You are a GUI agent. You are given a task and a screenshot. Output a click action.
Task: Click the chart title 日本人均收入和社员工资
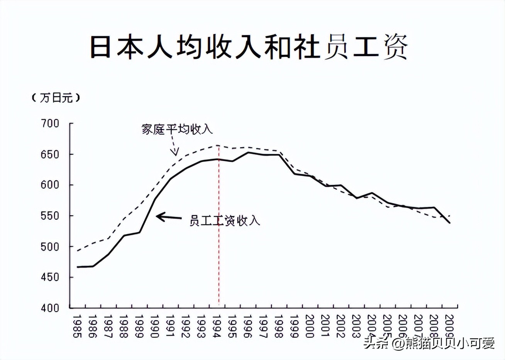pos(249,47)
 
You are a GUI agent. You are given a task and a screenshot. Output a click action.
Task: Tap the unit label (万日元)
pos(56,98)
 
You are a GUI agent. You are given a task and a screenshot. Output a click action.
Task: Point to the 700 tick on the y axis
pos(50,124)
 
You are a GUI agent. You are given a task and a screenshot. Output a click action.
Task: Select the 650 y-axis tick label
pos(50,155)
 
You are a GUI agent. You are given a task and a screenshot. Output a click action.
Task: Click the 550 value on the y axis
pos(50,216)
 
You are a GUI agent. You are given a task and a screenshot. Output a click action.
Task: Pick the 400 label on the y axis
pos(50,308)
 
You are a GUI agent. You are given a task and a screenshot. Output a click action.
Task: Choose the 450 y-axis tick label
pos(50,277)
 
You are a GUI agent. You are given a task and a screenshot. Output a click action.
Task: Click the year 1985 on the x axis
pos(77,326)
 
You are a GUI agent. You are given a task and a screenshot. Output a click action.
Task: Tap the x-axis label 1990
pos(154,326)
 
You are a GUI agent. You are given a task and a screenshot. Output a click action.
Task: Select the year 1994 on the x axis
pos(217,326)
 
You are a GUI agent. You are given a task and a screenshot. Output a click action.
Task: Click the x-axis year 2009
pos(449,326)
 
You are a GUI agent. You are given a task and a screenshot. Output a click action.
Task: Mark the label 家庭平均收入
pos(177,129)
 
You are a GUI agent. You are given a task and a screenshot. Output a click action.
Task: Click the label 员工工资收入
pos(225,221)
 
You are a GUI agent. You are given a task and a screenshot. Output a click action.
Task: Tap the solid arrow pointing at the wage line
pos(168,217)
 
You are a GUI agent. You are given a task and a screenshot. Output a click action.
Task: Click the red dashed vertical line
pos(219,232)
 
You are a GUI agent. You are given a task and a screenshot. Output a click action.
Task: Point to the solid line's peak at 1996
pos(248,152)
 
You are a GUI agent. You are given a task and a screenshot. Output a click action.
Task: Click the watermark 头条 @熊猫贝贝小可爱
pos(429,343)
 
